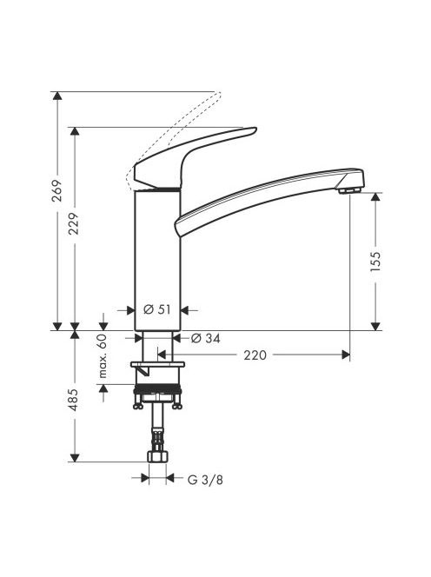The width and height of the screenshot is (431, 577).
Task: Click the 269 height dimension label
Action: click(57, 190)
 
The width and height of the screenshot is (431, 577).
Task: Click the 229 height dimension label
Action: click(75, 223)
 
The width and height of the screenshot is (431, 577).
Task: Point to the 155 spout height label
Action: click(375, 262)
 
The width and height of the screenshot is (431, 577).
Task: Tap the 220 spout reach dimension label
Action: click(255, 355)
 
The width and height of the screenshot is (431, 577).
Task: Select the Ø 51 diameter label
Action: click(157, 309)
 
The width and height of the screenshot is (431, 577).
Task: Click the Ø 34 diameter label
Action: click(206, 338)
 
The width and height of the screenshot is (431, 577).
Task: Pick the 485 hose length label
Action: click(75, 400)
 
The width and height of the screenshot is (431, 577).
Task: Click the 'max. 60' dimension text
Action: click(103, 355)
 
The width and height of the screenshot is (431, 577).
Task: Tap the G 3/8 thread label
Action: click(205, 480)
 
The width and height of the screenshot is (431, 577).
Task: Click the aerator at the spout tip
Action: click(349, 190)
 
